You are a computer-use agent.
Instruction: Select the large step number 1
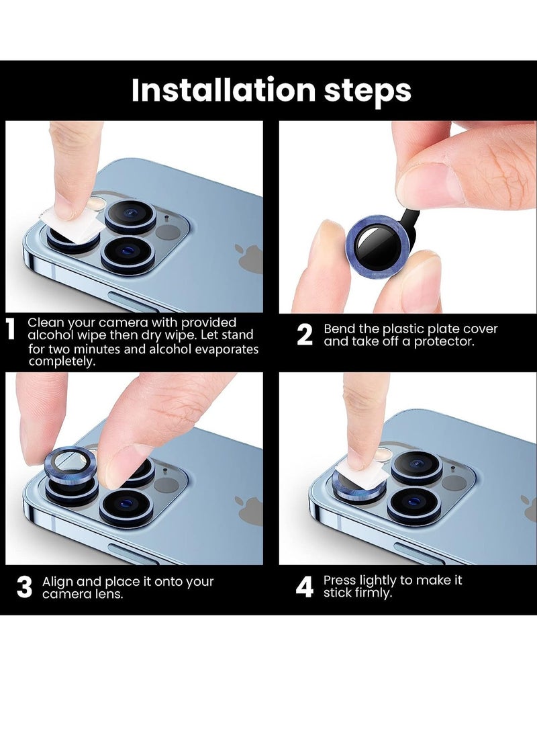coord(11,329)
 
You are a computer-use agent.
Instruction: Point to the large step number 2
coord(305,335)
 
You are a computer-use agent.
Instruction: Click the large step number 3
coord(24,587)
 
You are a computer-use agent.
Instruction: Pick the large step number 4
coord(305,587)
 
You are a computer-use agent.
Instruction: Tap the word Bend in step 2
coord(340,329)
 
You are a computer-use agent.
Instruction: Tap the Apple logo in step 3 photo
coord(249,510)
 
